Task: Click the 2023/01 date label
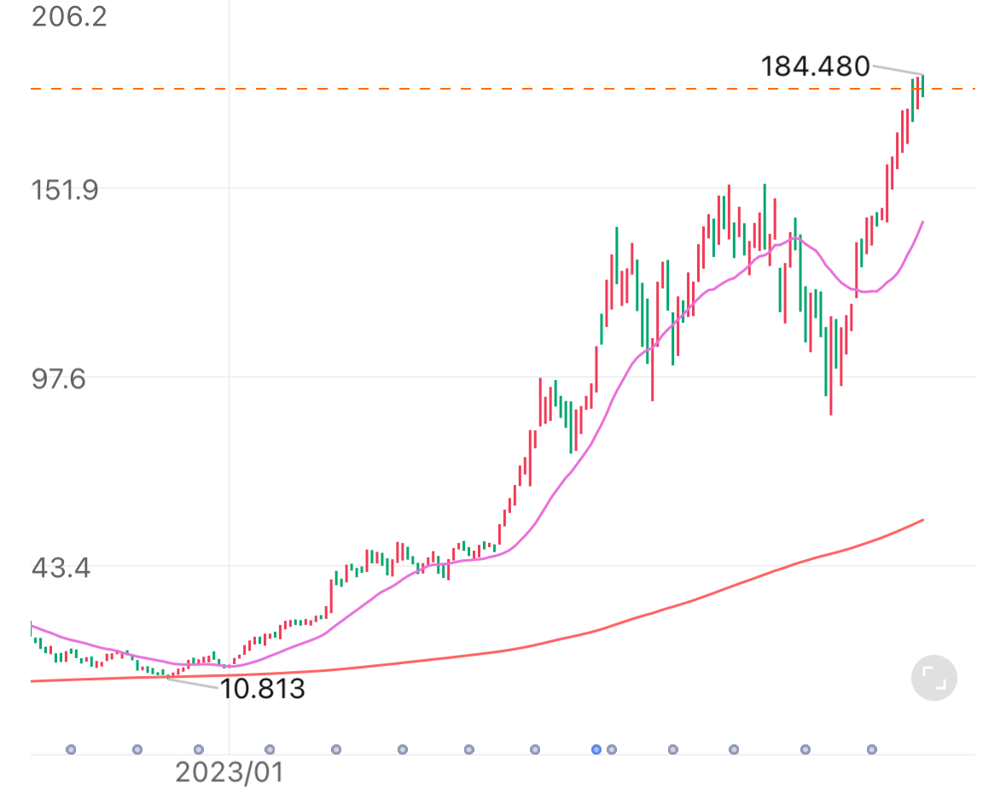[229, 773]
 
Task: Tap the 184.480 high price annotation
[815, 66]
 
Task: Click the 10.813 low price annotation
[262, 688]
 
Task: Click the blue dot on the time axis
[596, 750]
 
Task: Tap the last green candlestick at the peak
[922, 85]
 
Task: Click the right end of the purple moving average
[922, 222]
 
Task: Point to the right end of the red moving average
[922, 520]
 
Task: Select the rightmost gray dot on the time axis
[871, 750]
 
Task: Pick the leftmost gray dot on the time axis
[71, 750]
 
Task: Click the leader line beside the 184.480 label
[896, 70]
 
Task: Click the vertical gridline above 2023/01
[230, 341]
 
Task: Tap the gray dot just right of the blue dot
[612, 750]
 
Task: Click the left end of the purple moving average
[32, 625]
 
